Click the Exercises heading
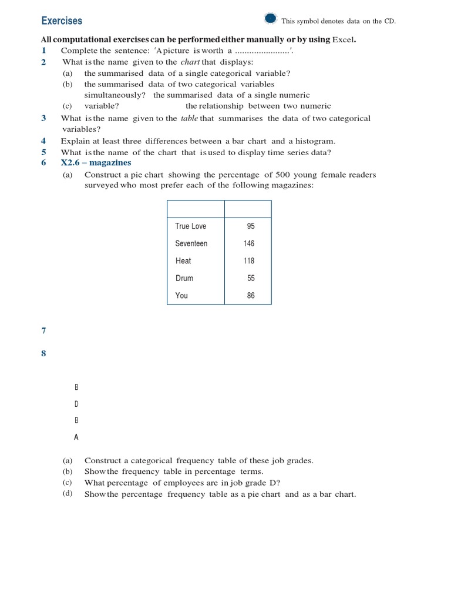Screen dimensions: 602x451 62,21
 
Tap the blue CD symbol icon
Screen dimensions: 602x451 271,19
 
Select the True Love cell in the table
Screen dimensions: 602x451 190,226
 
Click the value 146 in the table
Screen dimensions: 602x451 249,243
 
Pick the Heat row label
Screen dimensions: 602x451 183,261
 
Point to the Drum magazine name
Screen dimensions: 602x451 184,278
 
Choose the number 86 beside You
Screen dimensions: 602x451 251,296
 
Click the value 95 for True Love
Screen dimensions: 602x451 251,226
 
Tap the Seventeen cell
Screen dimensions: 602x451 191,243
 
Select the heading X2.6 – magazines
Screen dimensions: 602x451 96,163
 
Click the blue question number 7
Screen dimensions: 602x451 43,331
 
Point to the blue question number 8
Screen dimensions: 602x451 43,354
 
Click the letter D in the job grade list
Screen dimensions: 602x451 76,404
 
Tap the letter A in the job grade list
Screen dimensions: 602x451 76,437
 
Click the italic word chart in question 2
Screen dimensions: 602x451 190,62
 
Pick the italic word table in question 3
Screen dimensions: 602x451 189,119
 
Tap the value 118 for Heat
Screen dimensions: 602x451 249,261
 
